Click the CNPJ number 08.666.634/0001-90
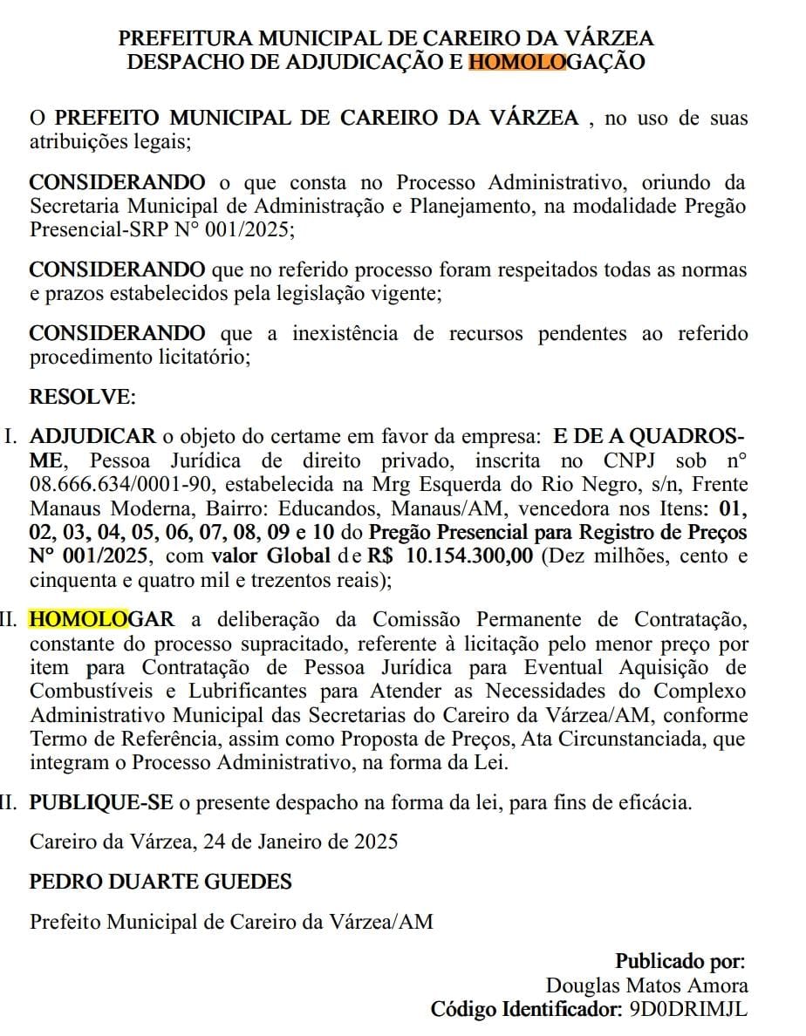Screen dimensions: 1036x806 (110, 485)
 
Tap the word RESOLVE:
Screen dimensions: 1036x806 (83, 398)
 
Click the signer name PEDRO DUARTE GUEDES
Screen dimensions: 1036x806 (161, 882)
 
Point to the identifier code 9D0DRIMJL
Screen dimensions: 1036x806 (686, 1010)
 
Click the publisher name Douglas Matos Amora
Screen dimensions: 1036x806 (646, 986)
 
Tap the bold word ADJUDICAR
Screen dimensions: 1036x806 (93, 437)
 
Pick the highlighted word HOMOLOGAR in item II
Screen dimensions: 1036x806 (103, 620)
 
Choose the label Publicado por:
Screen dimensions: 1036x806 (680, 962)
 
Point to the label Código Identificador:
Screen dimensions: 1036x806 (523, 1010)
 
